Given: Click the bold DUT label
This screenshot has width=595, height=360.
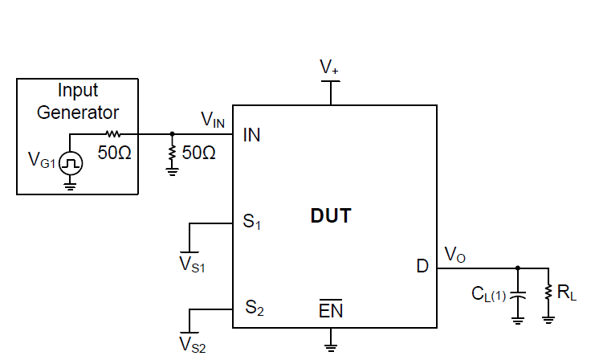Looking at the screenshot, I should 331,216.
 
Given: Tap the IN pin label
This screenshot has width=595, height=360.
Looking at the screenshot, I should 251,136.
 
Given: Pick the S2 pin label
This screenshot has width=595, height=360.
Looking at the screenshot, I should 255,308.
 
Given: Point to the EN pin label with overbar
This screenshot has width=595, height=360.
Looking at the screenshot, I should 331,310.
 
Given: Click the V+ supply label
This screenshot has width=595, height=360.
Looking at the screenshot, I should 329,69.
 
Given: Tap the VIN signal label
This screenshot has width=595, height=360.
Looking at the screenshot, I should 213,120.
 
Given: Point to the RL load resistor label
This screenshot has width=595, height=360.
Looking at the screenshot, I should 567,293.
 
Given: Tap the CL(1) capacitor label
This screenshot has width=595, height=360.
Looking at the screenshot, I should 489,294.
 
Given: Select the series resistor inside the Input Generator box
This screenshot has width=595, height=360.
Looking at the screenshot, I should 113,134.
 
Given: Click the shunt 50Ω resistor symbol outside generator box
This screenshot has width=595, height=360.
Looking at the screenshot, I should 173,151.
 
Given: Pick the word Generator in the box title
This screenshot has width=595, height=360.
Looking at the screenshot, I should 78,112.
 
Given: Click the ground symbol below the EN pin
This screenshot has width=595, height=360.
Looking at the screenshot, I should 330,346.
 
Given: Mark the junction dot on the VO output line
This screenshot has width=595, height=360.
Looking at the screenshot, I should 518,268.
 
